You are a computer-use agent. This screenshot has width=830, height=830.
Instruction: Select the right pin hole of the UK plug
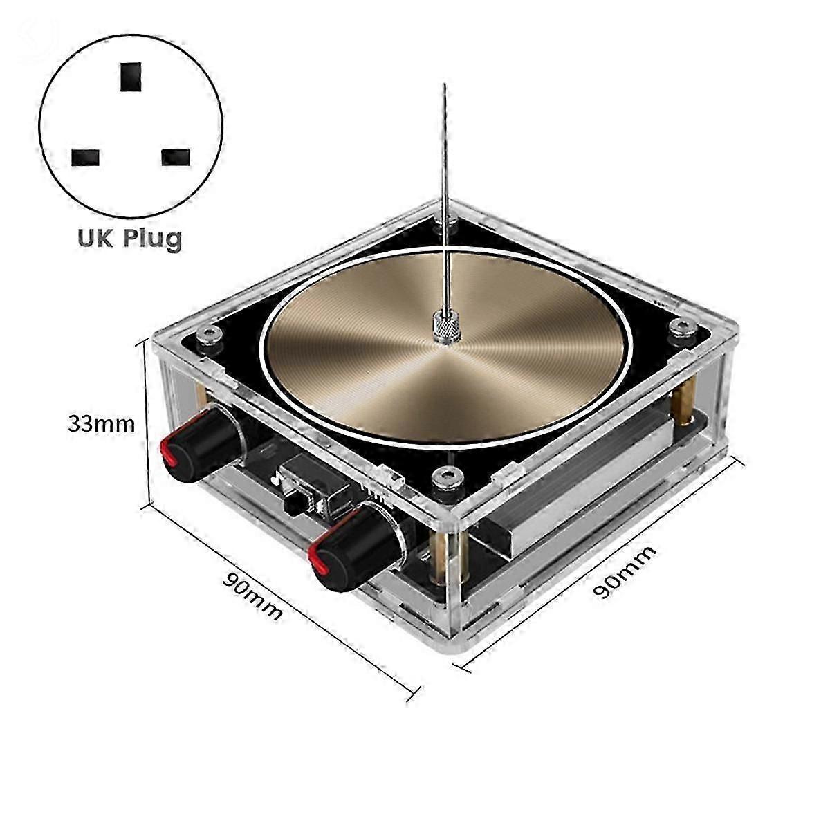175,157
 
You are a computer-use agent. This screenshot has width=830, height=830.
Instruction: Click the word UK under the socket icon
92,238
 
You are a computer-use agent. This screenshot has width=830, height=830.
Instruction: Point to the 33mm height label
101,423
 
